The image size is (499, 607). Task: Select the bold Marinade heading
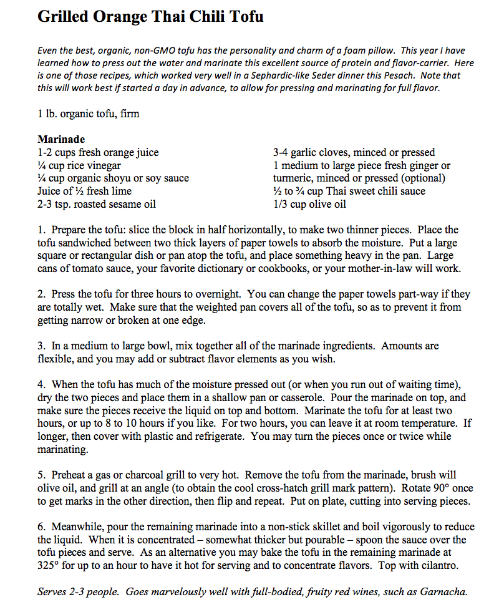[x=61, y=139]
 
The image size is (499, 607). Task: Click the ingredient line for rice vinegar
[x=79, y=165]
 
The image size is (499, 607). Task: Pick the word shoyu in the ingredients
[x=120, y=178]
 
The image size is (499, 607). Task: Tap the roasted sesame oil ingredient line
[x=97, y=204]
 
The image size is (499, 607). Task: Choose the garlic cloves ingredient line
[x=354, y=152]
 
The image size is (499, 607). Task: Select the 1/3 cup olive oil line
[x=309, y=204]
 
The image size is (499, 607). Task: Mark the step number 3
[x=41, y=346]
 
